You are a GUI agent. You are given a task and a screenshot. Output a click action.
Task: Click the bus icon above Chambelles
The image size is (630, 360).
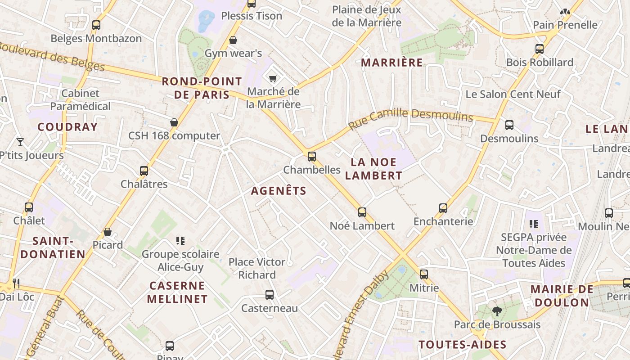[x=312, y=157]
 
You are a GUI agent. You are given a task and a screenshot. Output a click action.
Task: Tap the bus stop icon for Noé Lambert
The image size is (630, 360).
[x=362, y=212]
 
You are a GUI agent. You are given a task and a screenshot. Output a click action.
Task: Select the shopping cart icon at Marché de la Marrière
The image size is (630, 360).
[x=273, y=79]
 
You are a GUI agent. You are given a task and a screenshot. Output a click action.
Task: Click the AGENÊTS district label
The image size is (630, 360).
[x=279, y=191]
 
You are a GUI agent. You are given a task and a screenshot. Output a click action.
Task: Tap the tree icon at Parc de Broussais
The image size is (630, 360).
[x=497, y=311]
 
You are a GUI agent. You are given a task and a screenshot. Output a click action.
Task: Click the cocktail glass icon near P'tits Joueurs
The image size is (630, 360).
[x=20, y=142]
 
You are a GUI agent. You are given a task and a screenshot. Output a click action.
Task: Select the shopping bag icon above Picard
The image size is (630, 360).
[x=108, y=232]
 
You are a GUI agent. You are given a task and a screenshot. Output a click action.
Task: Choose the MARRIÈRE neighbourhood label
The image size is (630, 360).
[x=392, y=63]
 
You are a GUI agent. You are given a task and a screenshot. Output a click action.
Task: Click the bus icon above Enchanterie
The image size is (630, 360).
[x=443, y=208]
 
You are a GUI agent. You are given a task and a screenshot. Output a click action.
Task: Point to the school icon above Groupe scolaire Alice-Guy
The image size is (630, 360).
[x=180, y=241]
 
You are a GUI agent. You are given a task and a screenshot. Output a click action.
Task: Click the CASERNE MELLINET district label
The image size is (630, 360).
[x=177, y=292]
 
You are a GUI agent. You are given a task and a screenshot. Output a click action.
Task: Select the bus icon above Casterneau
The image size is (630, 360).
[x=270, y=295]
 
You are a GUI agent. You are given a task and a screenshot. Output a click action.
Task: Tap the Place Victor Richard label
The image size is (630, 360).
[x=257, y=268]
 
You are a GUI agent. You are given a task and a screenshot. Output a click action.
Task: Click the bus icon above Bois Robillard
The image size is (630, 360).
[x=540, y=49]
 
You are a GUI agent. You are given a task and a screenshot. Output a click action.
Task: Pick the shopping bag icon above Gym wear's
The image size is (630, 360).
[x=233, y=40]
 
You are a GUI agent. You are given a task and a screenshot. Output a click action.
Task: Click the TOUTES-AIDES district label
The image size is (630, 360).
[x=463, y=345]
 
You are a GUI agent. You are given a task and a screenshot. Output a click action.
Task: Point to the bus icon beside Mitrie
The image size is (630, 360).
[x=424, y=274]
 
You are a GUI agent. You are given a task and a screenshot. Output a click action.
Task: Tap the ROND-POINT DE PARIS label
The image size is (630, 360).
[x=202, y=88]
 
